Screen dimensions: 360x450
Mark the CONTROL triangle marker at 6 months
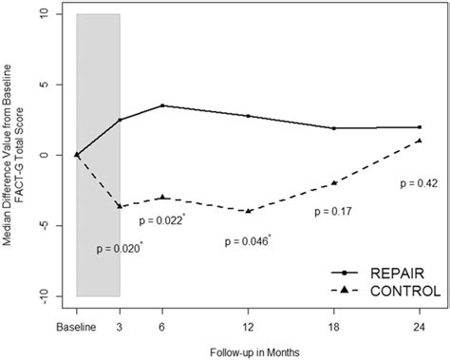click(x=162, y=197)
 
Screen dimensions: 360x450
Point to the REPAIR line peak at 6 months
click(x=162, y=105)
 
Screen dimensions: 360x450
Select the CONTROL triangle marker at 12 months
click(x=249, y=210)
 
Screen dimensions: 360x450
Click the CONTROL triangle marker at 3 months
click(x=120, y=205)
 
